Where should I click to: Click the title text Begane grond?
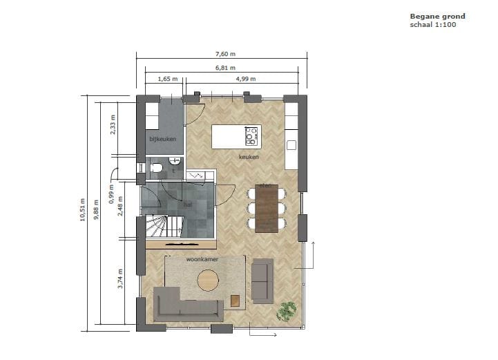(x=437, y=16)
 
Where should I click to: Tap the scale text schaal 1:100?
(x=433, y=25)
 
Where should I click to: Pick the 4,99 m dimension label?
(x=246, y=79)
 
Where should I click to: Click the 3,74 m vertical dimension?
(x=120, y=278)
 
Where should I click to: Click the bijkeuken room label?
(x=163, y=139)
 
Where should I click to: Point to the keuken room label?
(x=249, y=157)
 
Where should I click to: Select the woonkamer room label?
(x=202, y=259)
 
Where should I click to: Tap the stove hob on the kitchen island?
(x=252, y=135)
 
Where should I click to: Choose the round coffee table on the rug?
(x=208, y=280)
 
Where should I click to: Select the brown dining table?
(x=266, y=207)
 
